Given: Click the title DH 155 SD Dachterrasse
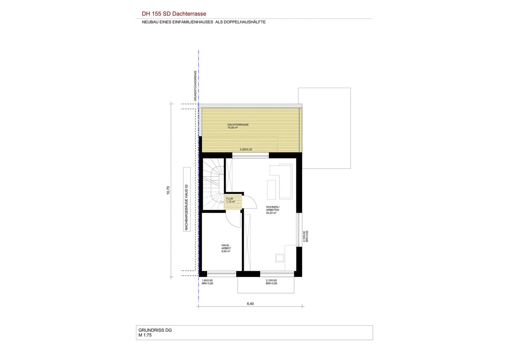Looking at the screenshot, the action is (174, 14).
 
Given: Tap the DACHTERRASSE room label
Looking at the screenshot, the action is (238, 125).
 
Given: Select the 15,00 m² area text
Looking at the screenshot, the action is (232, 128).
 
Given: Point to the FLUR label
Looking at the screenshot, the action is (229, 199).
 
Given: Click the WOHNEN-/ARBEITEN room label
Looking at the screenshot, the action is (272, 209).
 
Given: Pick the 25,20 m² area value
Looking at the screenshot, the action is (271, 213).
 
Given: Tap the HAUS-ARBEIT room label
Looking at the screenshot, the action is (226, 247).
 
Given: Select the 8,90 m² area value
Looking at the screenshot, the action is (226, 252).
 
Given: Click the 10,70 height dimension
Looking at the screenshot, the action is (168, 190).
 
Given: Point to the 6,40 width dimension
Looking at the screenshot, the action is (250, 304).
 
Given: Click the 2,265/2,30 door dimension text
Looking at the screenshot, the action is (246, 150).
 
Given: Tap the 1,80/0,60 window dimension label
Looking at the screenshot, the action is (207, 280).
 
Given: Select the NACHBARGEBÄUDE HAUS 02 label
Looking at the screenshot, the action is (187, 207).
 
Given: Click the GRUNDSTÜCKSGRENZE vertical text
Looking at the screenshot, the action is (195, 86).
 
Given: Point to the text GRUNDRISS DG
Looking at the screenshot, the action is (155, 330).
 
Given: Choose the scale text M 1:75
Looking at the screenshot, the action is (145, 335).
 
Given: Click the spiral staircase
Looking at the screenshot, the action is (213, 184).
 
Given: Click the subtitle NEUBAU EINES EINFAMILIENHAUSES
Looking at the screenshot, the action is (177, 22).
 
